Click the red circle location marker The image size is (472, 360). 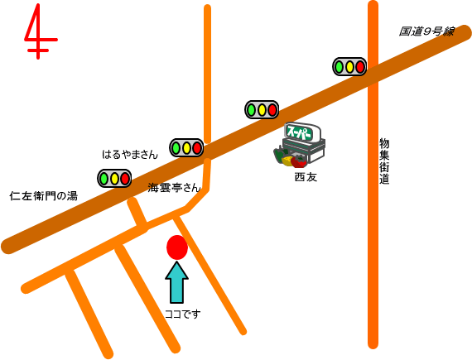pos(177,247)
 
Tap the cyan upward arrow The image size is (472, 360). pos(176,282)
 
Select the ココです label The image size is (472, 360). pos(182,314)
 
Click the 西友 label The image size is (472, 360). pos(306,177)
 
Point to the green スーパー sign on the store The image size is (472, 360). pos(300,132)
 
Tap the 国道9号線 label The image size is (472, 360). pos(426,31)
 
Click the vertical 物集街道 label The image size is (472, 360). pos(384,161)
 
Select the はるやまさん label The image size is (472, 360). pos(130,155)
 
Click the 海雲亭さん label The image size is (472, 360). pos(174,188)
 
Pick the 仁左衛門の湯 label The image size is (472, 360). pos(44,196)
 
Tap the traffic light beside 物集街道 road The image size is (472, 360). pos(349,66)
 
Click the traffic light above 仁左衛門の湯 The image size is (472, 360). pos(114,179)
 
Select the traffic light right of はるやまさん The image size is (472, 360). pos(186,147)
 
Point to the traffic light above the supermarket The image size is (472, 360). pos(262,110)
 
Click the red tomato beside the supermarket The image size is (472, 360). pos(299,161)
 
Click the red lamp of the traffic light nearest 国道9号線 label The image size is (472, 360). pos(360,66)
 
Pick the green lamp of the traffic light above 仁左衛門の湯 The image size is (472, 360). pos(104,179)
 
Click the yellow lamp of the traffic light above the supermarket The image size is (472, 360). pos(262,110)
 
